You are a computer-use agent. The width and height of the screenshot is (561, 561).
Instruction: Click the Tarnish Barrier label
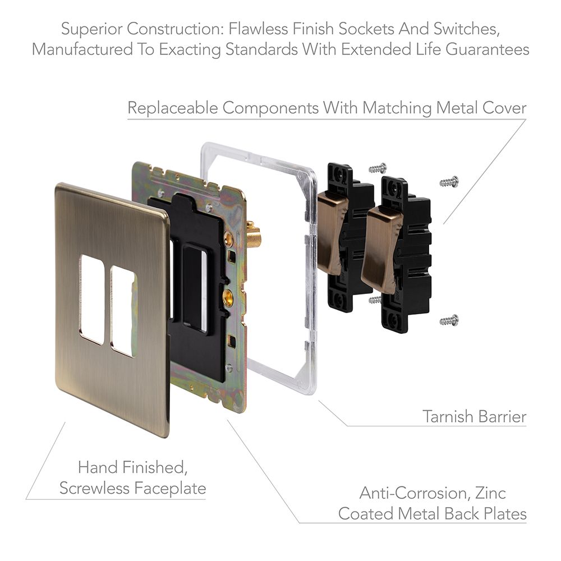point(475,416)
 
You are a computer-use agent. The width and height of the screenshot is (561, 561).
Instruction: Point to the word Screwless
point(94,488)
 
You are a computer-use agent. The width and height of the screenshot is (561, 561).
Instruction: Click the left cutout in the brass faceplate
point(93,299)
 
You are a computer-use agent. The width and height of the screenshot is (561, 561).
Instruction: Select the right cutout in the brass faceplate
point(124,311)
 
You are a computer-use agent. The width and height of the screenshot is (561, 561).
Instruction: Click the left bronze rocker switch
point(332,233)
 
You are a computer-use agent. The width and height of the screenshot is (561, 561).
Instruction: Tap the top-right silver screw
point(449,182)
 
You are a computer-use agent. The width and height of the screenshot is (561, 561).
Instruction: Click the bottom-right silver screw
point(449,320)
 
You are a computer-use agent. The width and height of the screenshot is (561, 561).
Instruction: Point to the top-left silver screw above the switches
point(378,167)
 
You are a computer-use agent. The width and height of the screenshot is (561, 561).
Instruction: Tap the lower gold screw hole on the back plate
point(227,297)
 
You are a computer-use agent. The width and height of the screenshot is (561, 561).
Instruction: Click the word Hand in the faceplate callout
point(98,467)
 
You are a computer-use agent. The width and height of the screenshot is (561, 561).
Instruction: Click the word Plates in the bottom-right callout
point(505,514)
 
